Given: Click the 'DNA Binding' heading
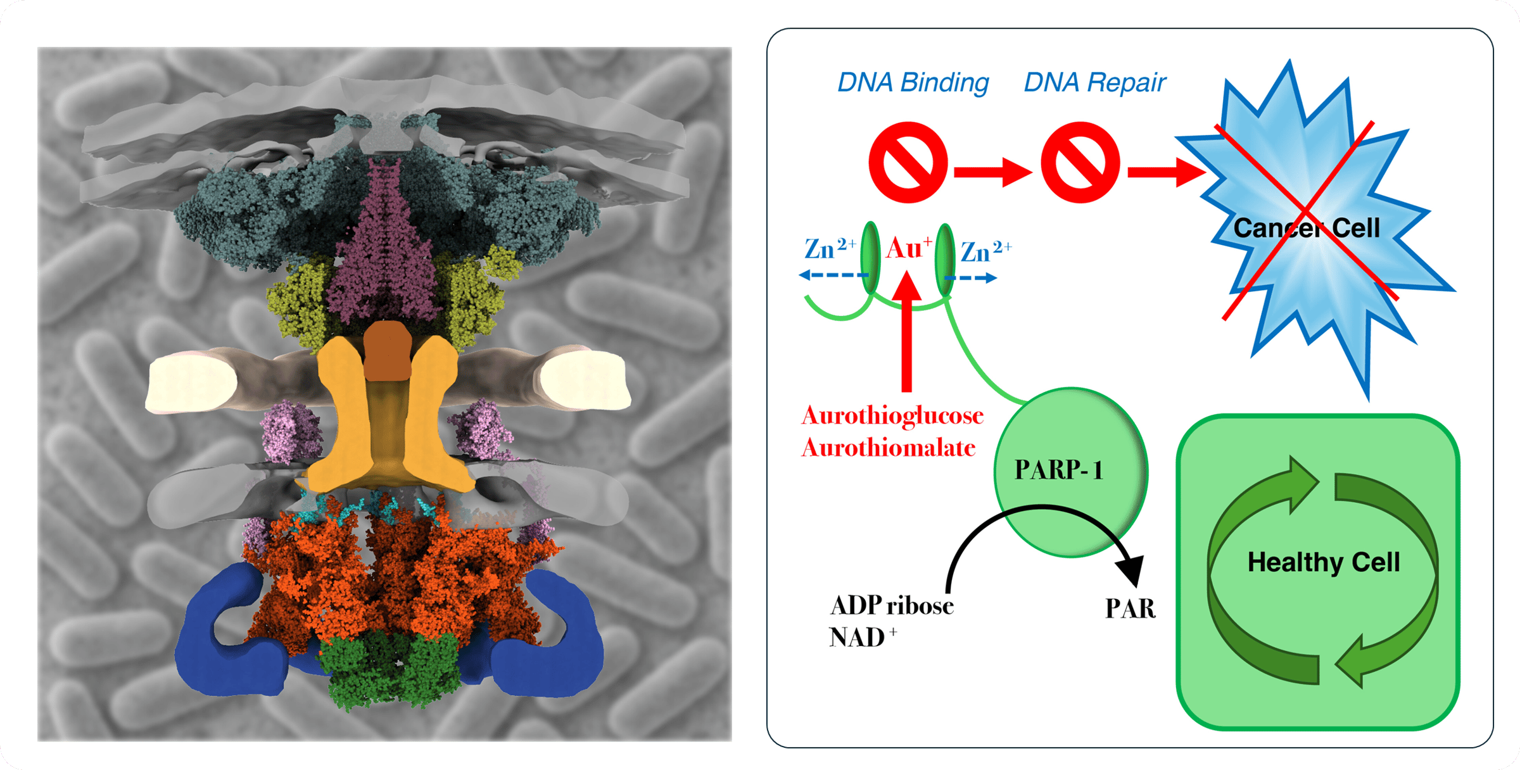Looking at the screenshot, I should pos(913,83).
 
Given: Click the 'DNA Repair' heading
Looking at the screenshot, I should pos(1094,83).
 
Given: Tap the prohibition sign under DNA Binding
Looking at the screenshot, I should pos(908,163).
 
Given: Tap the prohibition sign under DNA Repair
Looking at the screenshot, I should pos(1080,163).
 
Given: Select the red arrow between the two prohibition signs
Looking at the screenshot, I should pos(992,172).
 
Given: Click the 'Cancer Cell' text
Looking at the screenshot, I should pos(1306,228).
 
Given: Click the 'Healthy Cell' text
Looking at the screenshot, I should pos(1323,562).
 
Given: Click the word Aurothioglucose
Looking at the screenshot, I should pos(892,416).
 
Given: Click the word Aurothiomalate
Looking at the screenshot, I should pos(888,448).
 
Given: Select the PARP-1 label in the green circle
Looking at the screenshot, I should pos(1058,470).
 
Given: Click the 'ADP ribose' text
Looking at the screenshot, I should pos(892,606).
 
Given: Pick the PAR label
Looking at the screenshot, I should pos(1130,609).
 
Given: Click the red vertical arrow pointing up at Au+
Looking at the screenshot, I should pos(907,336).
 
